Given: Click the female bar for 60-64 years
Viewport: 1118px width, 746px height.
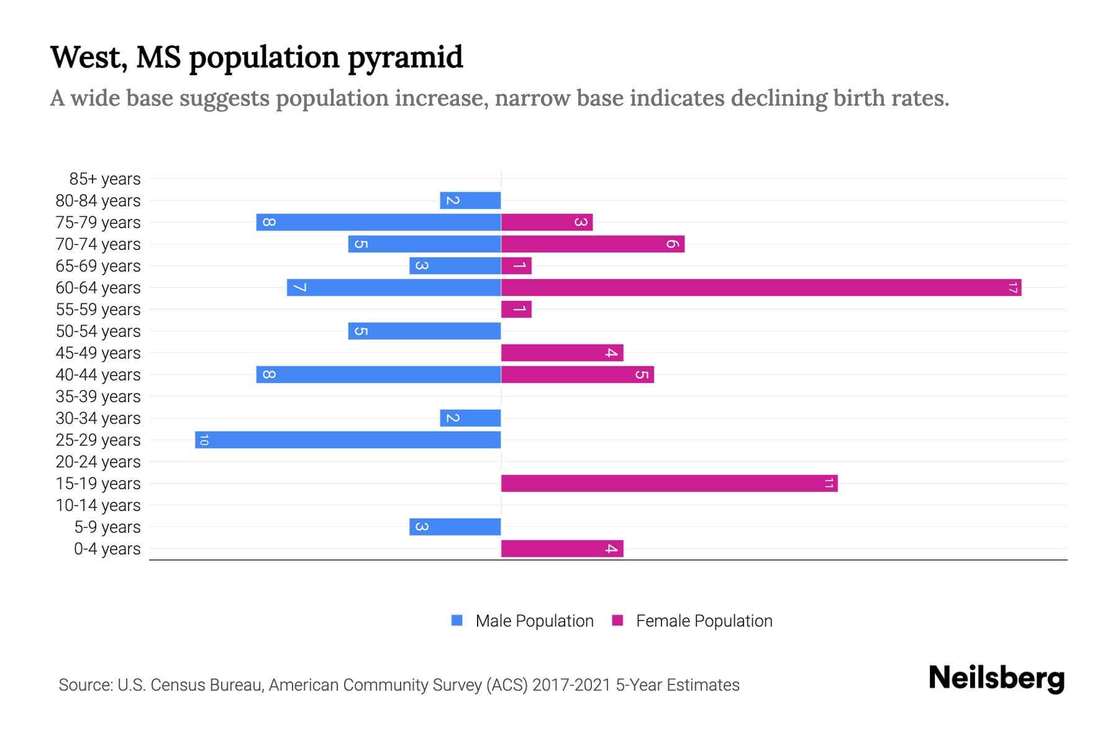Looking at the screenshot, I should click(x=761, y=287).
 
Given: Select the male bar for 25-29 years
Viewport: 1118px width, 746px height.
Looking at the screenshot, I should click(x=348, y=440).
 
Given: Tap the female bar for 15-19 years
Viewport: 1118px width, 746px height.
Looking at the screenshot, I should click(x=669, y=483).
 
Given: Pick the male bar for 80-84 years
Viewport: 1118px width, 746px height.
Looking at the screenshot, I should click(x=470, y=200).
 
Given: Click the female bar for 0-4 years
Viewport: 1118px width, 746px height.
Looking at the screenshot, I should click(x=562, y=548).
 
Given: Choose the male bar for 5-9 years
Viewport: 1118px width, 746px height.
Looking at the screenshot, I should click(x=455, y=527).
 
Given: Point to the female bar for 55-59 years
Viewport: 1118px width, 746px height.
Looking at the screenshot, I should click(x=516, y=309).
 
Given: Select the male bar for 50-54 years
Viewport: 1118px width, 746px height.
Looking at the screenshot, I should click(x=424, y=331).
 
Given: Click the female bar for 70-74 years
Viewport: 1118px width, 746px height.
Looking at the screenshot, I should click(x=593, y=244).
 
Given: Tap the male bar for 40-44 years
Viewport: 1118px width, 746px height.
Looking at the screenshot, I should click(x=378, y=374).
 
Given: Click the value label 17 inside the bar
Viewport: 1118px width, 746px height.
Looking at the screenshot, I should click(x=1013, y=287).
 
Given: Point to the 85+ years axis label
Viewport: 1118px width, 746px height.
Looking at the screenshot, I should click(x=104, y=179).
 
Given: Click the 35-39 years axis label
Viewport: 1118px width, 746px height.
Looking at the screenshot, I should click(x=98, y=397).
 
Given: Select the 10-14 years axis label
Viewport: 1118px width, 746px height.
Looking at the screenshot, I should click(x=98, y=505).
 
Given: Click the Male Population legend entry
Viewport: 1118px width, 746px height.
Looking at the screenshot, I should click(x=534, y=620).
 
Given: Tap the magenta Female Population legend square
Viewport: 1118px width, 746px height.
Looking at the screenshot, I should click(x=617, y=620).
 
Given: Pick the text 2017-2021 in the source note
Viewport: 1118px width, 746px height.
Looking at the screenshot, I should click(x=571, y=685).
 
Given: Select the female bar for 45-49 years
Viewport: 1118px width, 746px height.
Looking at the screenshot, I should click(x=562, y=352).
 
